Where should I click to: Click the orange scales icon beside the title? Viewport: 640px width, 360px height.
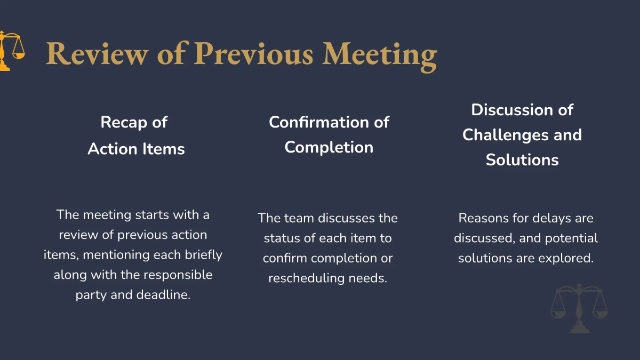click(11, 51)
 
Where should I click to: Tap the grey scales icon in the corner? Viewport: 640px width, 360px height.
click(579, 309)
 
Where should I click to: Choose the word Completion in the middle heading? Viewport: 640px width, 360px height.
click(329, 147)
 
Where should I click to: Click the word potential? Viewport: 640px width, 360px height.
click(571, 238)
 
